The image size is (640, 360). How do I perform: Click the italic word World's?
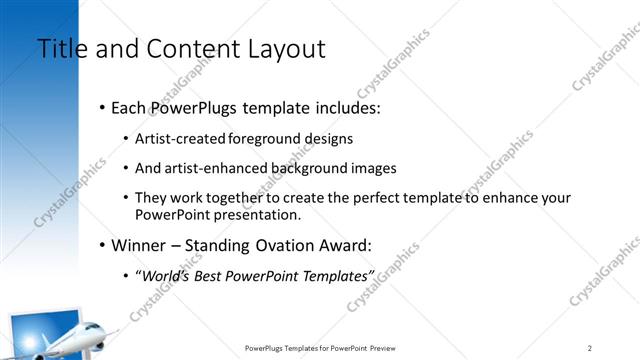[165, 275]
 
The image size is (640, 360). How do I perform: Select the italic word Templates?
[335, 275]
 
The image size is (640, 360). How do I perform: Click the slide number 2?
[590, 347]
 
